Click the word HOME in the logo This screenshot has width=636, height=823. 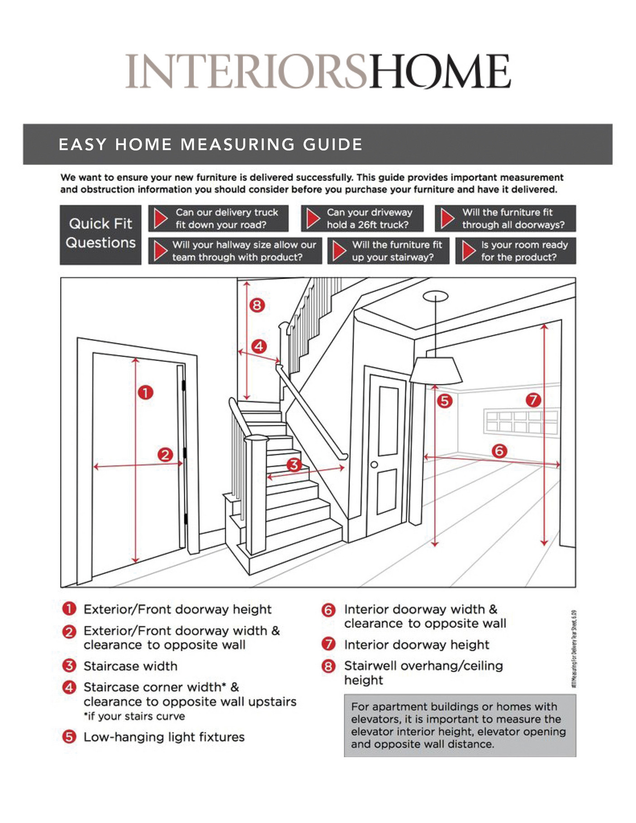(440, 71)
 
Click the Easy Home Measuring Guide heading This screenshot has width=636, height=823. (210, 145)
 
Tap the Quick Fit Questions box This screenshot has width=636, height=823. (100, 234)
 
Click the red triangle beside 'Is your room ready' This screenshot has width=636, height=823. (469, 251)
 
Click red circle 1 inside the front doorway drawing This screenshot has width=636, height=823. (145, 392)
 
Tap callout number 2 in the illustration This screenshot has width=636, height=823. (165, 454)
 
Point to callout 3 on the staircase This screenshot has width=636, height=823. (294, 464)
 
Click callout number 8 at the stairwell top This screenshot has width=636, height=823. (257, 305)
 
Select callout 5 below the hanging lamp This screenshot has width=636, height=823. (445, 401)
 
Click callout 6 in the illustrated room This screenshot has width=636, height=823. (499, 450)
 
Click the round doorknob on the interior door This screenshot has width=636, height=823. (374, 465)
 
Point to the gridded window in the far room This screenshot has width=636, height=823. (521, 421)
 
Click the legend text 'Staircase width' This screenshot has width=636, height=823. (130, 666)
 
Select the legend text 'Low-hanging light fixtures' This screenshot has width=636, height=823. (164, 737)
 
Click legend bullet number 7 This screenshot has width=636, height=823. (328, 644)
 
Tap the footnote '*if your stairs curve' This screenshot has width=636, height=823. (134, 716)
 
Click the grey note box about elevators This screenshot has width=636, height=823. (460, 725)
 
